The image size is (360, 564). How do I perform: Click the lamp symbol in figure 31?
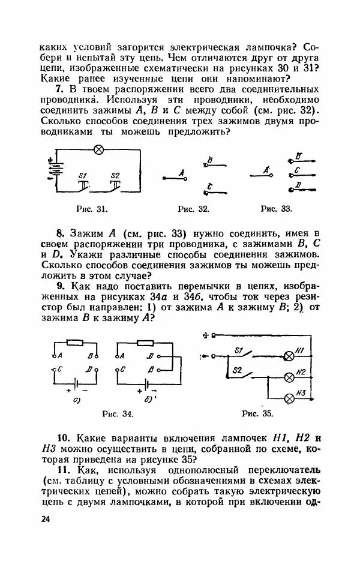(101, 149)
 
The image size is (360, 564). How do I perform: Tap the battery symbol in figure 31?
(56, 169)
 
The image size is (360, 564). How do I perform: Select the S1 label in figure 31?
(83, 175)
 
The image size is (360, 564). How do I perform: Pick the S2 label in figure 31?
(115, 175)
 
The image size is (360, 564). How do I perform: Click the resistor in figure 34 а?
(76, 343)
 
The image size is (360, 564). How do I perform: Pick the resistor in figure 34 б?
(146, 343)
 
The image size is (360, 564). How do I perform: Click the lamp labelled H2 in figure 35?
(289, 377)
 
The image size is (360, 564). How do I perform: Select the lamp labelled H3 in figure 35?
(289, 398)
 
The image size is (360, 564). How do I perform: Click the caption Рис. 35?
(258, 414)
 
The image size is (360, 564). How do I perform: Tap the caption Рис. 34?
(118, 414)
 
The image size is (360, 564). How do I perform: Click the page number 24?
(46, 518)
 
